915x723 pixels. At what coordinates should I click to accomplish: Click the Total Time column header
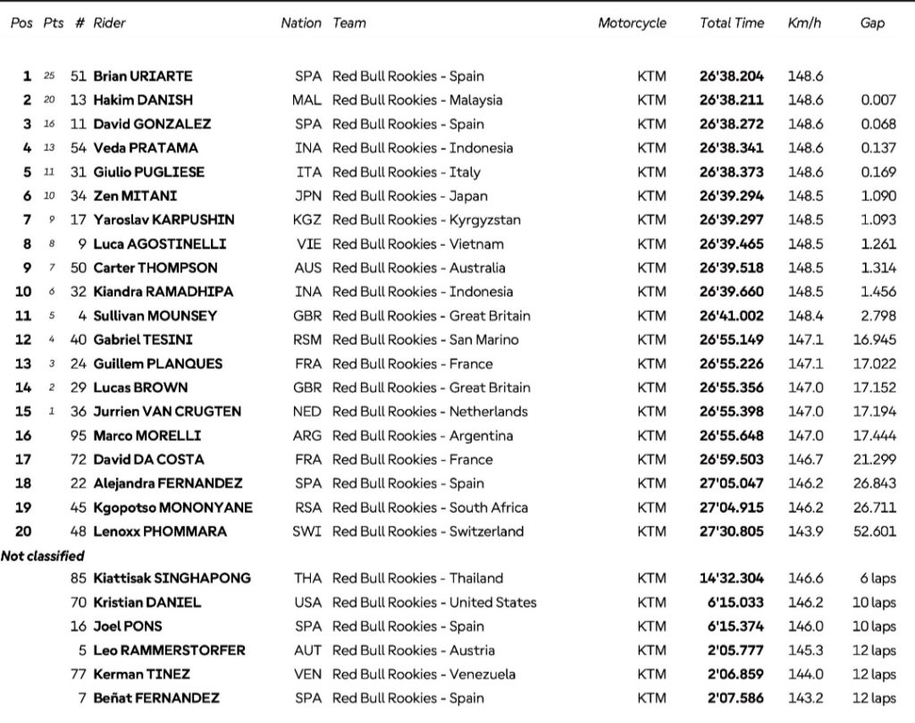tap(732, 23)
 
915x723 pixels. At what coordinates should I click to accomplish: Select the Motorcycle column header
tap(632, 23)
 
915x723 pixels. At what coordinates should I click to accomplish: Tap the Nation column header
tap(301, 23)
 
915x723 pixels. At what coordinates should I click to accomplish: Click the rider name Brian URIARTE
tap(143, 76)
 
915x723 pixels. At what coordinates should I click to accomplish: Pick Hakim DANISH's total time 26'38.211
tap(732, 100)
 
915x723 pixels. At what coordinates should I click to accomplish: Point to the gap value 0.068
tap(878, 124)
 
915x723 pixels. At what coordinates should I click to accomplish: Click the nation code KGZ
tap(307, 220)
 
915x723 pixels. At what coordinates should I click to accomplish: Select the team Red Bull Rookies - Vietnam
tap(418, 244)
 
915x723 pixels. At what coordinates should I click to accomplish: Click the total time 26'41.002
tap(732, 315)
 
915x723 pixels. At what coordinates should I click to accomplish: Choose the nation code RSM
tap(307, 340)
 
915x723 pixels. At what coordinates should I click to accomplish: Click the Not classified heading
tap(43, 556)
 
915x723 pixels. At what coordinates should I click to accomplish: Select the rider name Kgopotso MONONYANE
tap(172, 508)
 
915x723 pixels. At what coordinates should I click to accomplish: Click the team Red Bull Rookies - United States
tap(435, 602)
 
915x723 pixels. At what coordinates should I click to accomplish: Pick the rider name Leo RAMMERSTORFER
tap(169, 651)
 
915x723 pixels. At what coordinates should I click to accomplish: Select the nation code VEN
tap(307, 674)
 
